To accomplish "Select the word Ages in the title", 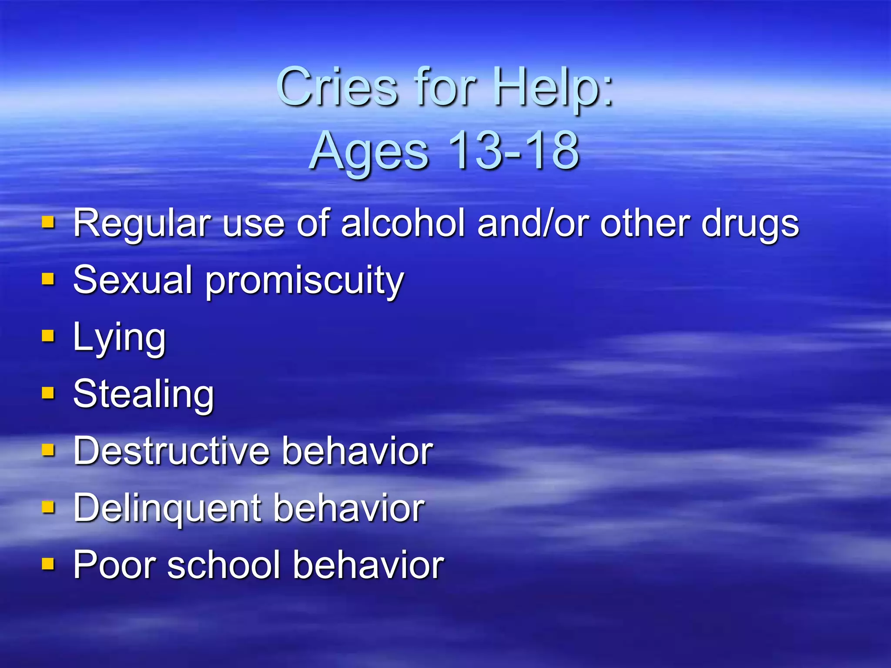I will point(370,151).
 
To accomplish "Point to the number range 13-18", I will point(513,150).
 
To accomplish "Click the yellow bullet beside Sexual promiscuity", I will point(48,279).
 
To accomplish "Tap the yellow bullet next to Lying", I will point(48,336).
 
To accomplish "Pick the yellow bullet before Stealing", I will point(48,393).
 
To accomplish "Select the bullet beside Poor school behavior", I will point(48,564).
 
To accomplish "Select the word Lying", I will point(119,338).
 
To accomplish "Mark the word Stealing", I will point(144,394).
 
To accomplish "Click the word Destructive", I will point(171,451).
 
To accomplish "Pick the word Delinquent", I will point(168,508).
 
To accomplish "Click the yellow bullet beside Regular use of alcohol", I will point(48,223).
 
